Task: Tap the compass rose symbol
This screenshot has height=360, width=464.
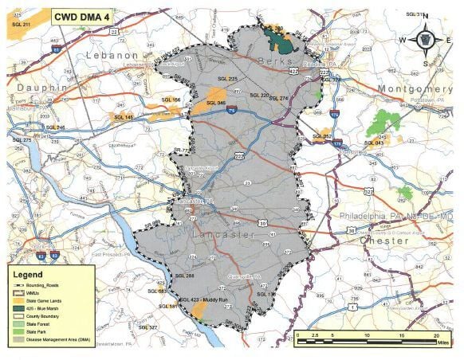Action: point(425,39)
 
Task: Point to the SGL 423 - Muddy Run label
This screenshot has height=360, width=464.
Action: point(206,300)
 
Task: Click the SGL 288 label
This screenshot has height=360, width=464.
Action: point(185,275)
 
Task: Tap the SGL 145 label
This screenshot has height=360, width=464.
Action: point(124,117)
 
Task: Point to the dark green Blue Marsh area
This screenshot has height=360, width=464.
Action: point(277,37)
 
